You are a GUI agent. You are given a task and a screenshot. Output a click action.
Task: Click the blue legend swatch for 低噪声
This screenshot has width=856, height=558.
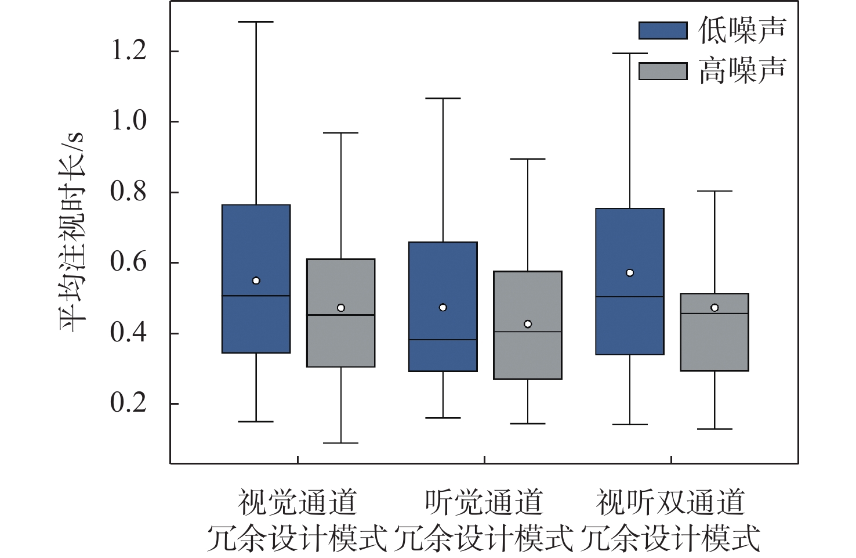coord(663,30)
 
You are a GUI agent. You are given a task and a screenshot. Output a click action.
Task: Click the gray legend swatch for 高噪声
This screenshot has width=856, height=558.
coord(663,71)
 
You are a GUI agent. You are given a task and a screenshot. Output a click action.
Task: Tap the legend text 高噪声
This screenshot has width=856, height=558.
coord(742,71)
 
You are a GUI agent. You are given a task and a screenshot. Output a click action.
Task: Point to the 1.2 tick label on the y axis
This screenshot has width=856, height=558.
coord(129,52)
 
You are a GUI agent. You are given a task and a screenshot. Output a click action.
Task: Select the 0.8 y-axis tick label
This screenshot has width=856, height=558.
coord(129,192)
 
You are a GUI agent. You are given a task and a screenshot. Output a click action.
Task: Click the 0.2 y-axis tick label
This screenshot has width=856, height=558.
coord(129,404)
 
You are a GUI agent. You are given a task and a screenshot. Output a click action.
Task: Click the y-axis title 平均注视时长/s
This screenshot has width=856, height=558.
coord(72,232)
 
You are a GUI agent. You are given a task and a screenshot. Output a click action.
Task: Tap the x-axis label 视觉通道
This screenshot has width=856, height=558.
coord(298,502)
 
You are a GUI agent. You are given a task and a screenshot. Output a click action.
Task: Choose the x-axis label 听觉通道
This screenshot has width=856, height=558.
coord(484,502)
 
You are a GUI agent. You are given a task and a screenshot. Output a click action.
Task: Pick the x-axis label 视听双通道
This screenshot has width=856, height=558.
coord(670,502)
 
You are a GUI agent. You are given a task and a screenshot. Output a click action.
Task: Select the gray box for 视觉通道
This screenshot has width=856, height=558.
coord(340,343)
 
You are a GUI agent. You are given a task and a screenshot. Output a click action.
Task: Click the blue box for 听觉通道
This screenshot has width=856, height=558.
coord(443,273)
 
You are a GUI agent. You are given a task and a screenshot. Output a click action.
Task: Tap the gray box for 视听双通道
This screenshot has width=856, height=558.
coord(714,343)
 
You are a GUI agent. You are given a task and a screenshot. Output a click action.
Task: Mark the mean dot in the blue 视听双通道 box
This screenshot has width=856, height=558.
coord(630,273)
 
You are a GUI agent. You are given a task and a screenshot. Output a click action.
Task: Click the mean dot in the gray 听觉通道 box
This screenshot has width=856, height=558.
coord(528,324)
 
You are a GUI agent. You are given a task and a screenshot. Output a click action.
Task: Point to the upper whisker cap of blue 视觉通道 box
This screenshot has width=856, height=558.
coord(256,22)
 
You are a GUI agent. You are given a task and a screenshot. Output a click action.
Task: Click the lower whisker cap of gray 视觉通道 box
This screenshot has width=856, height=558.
coord(340,443)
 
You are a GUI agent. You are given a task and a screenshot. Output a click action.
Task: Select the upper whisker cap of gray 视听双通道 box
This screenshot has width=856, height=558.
coord(714,191)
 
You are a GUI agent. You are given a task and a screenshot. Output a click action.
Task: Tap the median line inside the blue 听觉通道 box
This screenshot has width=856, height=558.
coord(443,340)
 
